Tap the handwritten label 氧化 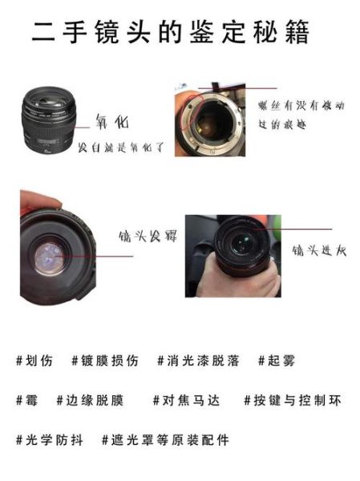111,123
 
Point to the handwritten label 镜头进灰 319,249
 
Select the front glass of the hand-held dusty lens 238,244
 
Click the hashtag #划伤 34,361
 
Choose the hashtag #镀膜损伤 104,361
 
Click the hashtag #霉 27,400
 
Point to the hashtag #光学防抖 49,439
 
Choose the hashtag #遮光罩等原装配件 165,439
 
